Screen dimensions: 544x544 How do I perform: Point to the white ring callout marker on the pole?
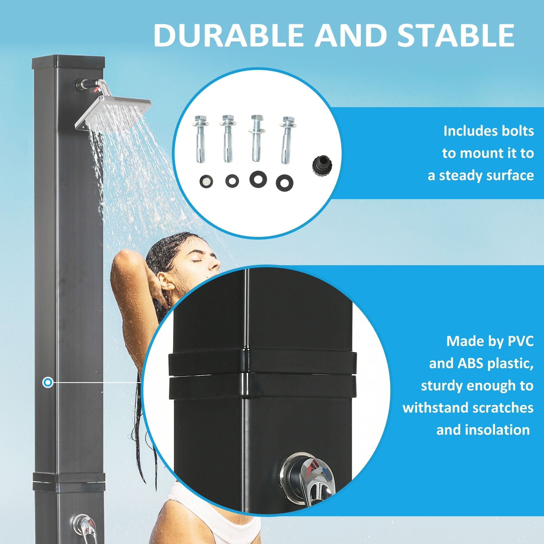[x=48, y=383]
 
